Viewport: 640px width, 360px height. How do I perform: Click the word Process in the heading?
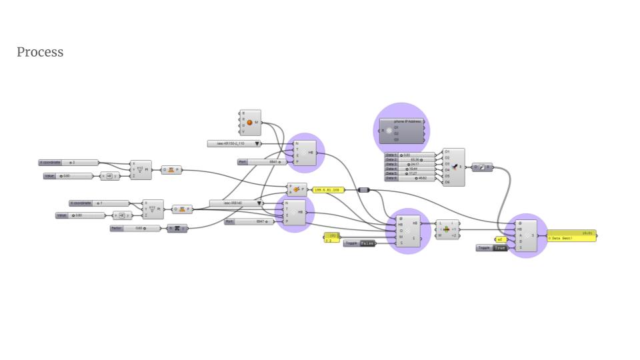tap(40, 52)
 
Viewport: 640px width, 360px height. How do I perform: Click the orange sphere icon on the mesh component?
tap(250, 123)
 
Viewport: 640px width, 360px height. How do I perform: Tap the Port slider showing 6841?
tap(260, 162)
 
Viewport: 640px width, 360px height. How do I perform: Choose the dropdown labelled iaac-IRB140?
tap(236, 203)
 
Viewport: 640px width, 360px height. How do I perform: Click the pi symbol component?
tap(177, 229)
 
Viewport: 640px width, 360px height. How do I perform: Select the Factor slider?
tap(136, 229)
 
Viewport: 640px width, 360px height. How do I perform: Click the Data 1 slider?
tap(409, 155)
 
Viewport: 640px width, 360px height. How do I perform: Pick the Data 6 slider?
tap(409, 178)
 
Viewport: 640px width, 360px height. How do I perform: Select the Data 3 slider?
tap(409, 164)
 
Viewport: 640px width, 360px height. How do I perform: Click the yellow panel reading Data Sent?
tap(571, 236)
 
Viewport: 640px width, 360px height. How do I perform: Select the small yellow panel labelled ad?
tap(501, 239)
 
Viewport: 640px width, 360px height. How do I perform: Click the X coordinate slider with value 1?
tap(99, 203)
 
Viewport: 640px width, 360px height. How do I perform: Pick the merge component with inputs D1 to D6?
tap(454, 167)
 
